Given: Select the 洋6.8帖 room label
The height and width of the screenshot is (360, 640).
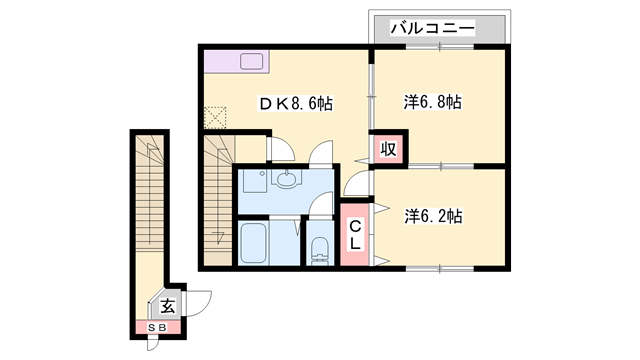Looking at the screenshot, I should (433, 101).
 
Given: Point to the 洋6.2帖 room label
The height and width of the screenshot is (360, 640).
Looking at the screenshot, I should (433, 215).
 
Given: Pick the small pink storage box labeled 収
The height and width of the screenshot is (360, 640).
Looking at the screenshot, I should (389, 150).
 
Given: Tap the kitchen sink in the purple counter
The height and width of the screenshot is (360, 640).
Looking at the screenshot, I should (251, 61).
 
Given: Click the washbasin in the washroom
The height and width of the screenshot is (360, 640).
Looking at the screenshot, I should (288, 180).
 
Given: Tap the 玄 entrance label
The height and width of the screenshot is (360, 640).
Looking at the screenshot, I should (168, 306).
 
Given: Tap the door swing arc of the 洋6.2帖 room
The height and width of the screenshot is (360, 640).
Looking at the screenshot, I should (356, 186).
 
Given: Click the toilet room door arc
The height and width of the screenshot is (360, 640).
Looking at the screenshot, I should (321, 206).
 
